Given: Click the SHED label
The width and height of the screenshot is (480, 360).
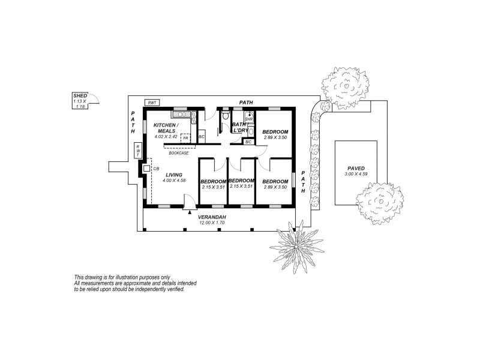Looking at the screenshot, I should [x=80, y=96].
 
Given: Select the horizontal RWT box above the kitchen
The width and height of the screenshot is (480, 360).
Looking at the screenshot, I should [x=152, y=103].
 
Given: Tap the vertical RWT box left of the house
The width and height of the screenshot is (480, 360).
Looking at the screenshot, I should [x=137, y=150].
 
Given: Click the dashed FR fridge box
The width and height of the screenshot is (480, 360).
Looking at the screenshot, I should [x=185, y=137].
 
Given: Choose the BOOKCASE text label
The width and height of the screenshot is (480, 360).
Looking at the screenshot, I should [x=179, y=153].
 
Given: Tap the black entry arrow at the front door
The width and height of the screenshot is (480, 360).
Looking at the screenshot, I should [x=190, y=212].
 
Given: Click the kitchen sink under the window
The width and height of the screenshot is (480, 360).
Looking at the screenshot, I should [x=180, y=113].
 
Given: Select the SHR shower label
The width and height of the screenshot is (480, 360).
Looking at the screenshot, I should [x=249, y=119].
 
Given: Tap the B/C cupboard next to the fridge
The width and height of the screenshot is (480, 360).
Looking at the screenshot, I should [x=202, y=137].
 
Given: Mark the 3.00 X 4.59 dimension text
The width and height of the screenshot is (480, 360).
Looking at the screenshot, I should [x=359, y=174].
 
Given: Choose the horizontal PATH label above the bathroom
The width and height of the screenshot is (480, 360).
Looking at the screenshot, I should [x=246, y=103].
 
